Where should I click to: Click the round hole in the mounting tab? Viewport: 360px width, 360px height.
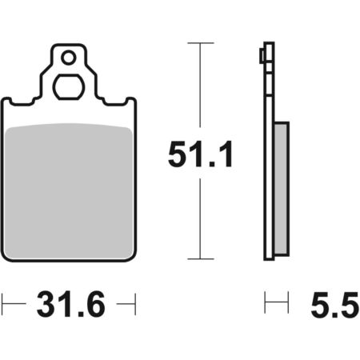(x=69, y=58)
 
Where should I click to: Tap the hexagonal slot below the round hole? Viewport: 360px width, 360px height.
(x=69, y=87)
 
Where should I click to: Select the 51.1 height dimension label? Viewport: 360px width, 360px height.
(x=201, y=154)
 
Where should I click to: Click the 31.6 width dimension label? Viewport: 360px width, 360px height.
(x=71, y=304)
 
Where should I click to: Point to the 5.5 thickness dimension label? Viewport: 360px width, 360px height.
(x=335, y=305)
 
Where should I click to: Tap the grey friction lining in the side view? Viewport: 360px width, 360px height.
(x=282, y=189)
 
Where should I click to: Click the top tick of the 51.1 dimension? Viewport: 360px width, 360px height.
(x=201, y=42)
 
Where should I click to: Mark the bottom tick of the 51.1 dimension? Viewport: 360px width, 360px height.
(x=201, y=258)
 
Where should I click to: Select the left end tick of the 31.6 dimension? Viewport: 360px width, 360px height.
(x=2, y=304)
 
